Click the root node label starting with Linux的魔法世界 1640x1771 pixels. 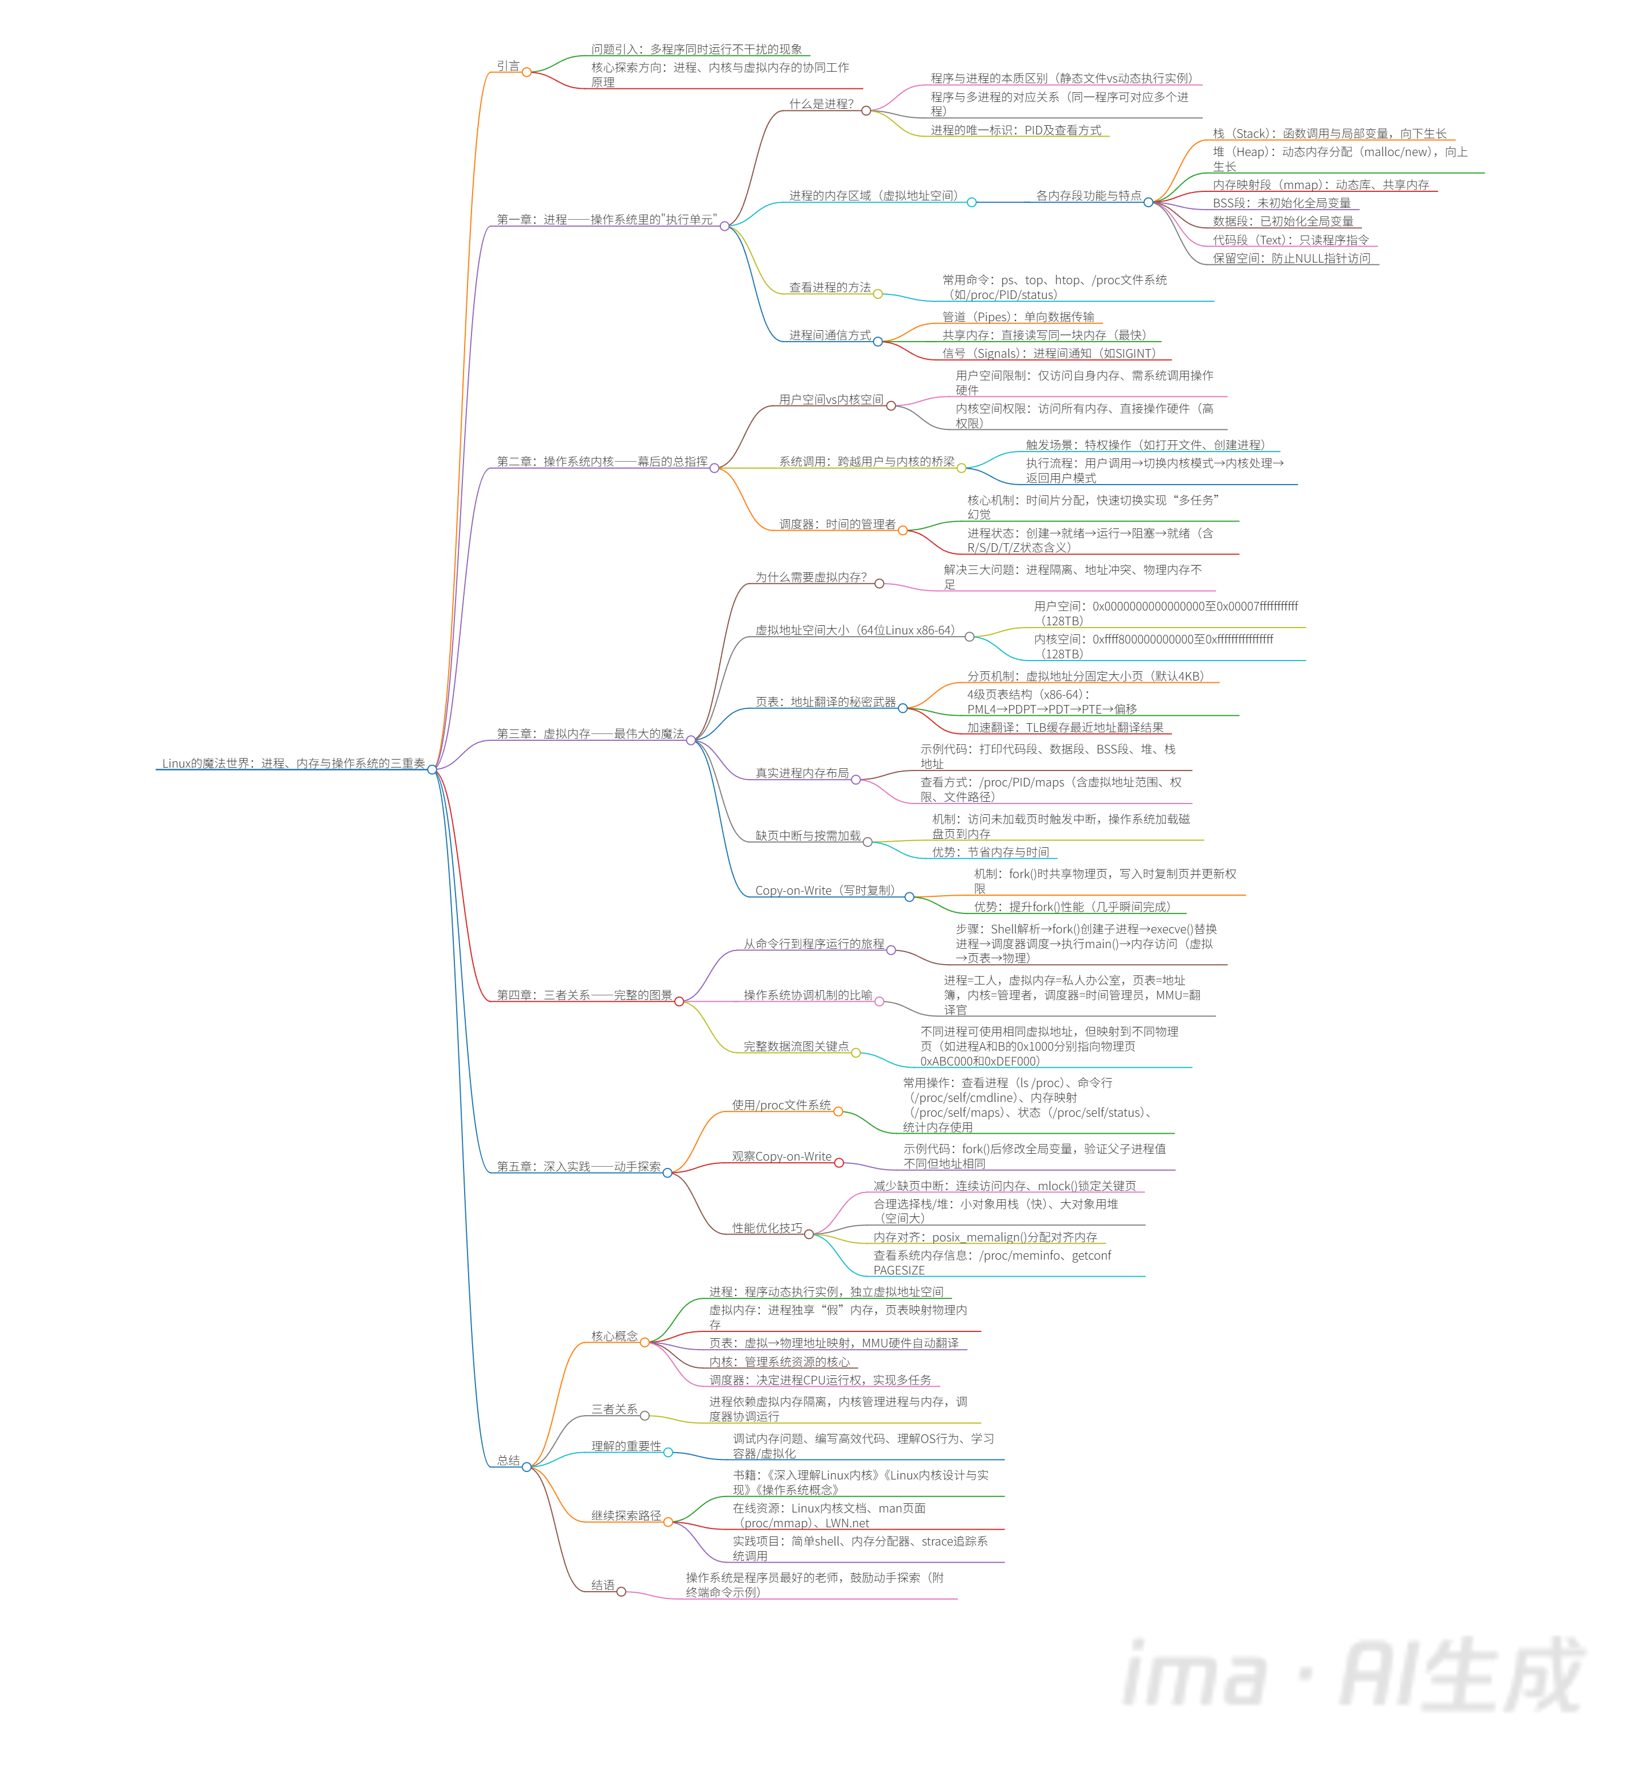click(293, 763)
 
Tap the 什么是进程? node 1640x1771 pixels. click(821, 104)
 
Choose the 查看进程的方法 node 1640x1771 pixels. click(830, 288)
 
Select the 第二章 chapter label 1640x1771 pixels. click(602, 461)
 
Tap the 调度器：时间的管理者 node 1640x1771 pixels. click(837, 524)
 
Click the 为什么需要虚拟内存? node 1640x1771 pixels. click(810, 577)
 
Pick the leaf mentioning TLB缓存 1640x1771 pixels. click(1064, 728)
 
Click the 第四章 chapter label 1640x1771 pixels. click(584, 995)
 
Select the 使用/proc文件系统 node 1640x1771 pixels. click(781, 1105)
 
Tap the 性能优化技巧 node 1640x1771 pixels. click(766, 1228)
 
